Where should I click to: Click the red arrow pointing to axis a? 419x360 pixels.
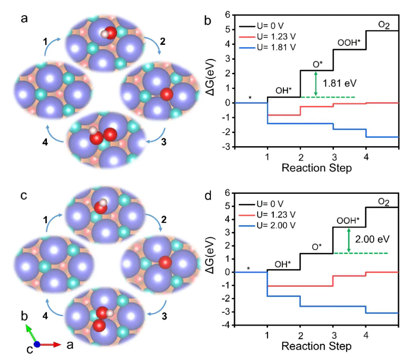coord(50,344)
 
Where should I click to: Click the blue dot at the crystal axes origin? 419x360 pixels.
coord(37,344)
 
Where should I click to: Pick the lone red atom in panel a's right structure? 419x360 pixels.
coord(166,94)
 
